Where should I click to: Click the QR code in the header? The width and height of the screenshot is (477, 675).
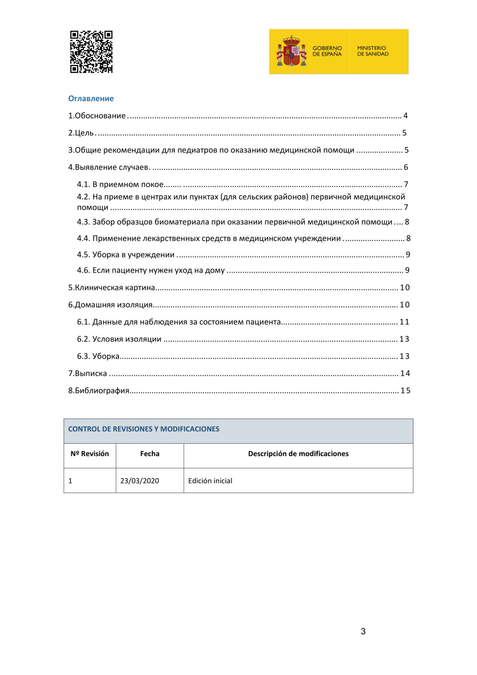(91, 52)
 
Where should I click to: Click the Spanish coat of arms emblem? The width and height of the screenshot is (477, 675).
(291, 51)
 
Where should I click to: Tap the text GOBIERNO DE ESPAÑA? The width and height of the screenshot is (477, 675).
(327, 51)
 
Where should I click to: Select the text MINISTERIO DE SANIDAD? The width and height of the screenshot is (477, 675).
(373, 51)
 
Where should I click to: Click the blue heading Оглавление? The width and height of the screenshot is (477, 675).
(91, 99)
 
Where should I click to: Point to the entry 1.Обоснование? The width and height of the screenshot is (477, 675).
(97, 116)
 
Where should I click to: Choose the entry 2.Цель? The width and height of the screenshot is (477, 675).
(81, 133)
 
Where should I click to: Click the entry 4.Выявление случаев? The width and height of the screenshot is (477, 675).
(109, 167)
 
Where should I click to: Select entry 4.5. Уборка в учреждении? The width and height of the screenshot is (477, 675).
(126, 255)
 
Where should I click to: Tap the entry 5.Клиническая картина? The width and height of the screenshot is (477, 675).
(111, 288)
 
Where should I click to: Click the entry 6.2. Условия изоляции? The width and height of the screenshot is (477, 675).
(119, 339)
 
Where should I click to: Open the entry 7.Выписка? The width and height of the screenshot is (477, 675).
(87, 374)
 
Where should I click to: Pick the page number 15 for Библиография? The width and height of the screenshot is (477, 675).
(405, 391)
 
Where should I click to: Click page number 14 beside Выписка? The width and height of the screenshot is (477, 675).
(405, 374)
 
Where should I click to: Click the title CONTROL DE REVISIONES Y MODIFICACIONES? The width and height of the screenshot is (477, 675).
(144, 429)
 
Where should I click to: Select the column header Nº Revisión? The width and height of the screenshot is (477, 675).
(90, 454)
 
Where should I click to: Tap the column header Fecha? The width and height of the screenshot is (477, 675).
(150, 454)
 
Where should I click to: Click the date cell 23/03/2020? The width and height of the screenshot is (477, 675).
(139, 481)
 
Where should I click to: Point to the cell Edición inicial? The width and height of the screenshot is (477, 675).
(210, 481)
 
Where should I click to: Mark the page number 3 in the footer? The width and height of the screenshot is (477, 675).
(363, 631)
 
